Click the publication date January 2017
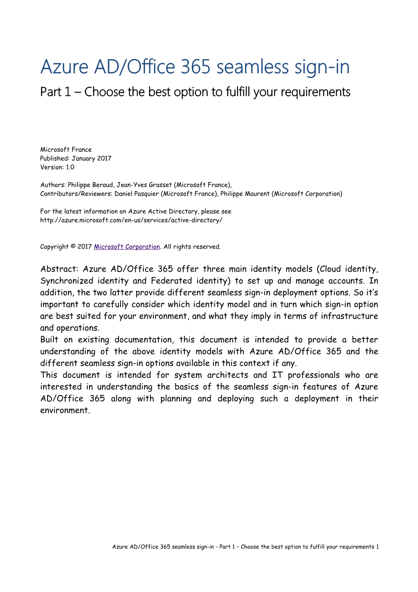[91, 158]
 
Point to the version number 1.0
[70, 167]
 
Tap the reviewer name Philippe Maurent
[245, 194]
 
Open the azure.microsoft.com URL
[131, 220]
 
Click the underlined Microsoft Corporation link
[127, 247]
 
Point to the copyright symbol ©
[73, 247]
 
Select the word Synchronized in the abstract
[67, 281]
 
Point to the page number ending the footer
[377, 547]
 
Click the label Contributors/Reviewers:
[76, 194]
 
